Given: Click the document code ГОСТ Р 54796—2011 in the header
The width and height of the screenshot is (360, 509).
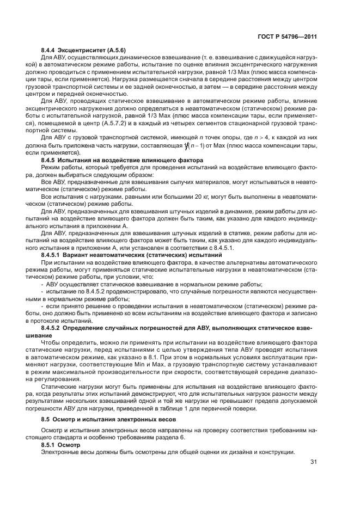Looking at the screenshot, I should pyautogui.click(x=287, y=37).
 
